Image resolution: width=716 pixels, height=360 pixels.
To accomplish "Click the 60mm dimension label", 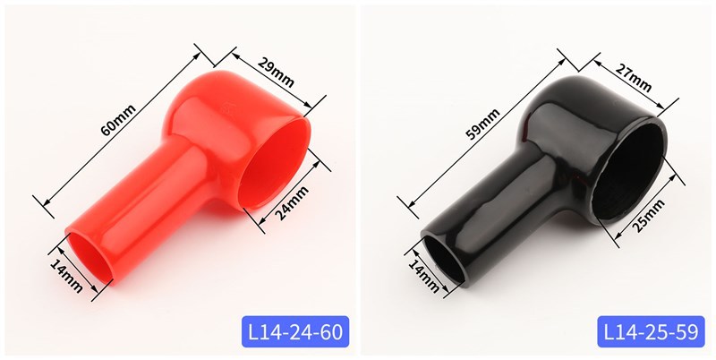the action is (x=118, y=120).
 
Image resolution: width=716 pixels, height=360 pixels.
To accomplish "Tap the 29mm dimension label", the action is (x=276, y=73).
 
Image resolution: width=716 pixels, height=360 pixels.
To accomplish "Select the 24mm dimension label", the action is (x=293, y=203).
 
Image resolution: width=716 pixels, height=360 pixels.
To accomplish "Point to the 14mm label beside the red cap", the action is (x=66, y=276).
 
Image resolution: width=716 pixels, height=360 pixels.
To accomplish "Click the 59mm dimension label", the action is (x=482, y=124).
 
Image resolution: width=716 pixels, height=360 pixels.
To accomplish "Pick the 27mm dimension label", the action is (x=633, y=78).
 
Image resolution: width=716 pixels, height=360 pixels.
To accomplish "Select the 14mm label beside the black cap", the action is (x=423, y=276).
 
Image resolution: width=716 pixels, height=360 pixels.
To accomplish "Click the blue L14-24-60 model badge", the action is (x=295, y=331).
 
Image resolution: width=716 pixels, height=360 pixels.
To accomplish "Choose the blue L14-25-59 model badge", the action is (x=652, y=331).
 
